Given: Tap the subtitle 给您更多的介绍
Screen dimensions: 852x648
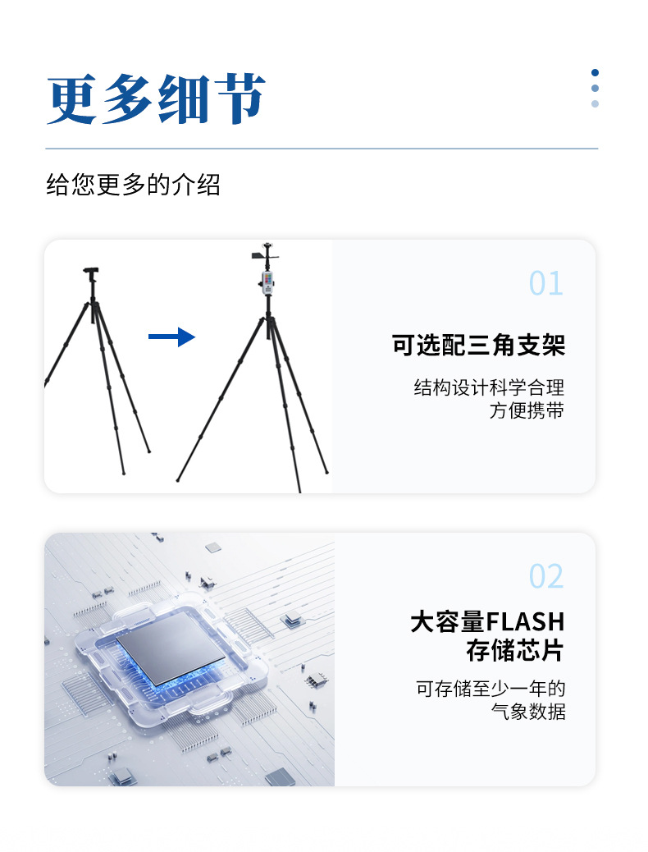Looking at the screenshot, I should tap(133, 185).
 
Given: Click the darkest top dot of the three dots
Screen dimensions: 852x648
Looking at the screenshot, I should tap(595, 72).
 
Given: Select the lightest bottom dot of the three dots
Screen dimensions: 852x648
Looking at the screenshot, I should tap(595, 103).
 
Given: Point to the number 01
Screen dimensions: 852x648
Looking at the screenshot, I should tap(545, 283).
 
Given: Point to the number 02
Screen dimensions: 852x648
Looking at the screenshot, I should tap(545, 576).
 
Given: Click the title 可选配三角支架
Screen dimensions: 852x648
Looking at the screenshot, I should tap(478, 346).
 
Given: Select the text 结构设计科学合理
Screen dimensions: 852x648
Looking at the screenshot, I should tap(489, 387).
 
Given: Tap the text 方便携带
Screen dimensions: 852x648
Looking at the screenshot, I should tap(527, 410).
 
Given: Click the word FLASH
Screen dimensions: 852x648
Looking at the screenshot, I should tap(526, 621).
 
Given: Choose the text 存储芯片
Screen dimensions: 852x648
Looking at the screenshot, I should tap(515, 651).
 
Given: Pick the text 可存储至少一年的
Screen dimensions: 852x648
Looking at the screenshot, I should tap(491, 688).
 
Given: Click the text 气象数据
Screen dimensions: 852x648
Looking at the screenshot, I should tap(528, 712).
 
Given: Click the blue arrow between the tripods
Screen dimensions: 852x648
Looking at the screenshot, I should tap(171, 337).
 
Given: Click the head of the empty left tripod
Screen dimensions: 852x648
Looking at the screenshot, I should tap(90, 273).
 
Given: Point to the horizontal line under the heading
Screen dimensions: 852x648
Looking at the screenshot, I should tap(321, 149).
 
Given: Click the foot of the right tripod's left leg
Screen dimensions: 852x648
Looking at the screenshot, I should tap(178, 479).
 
